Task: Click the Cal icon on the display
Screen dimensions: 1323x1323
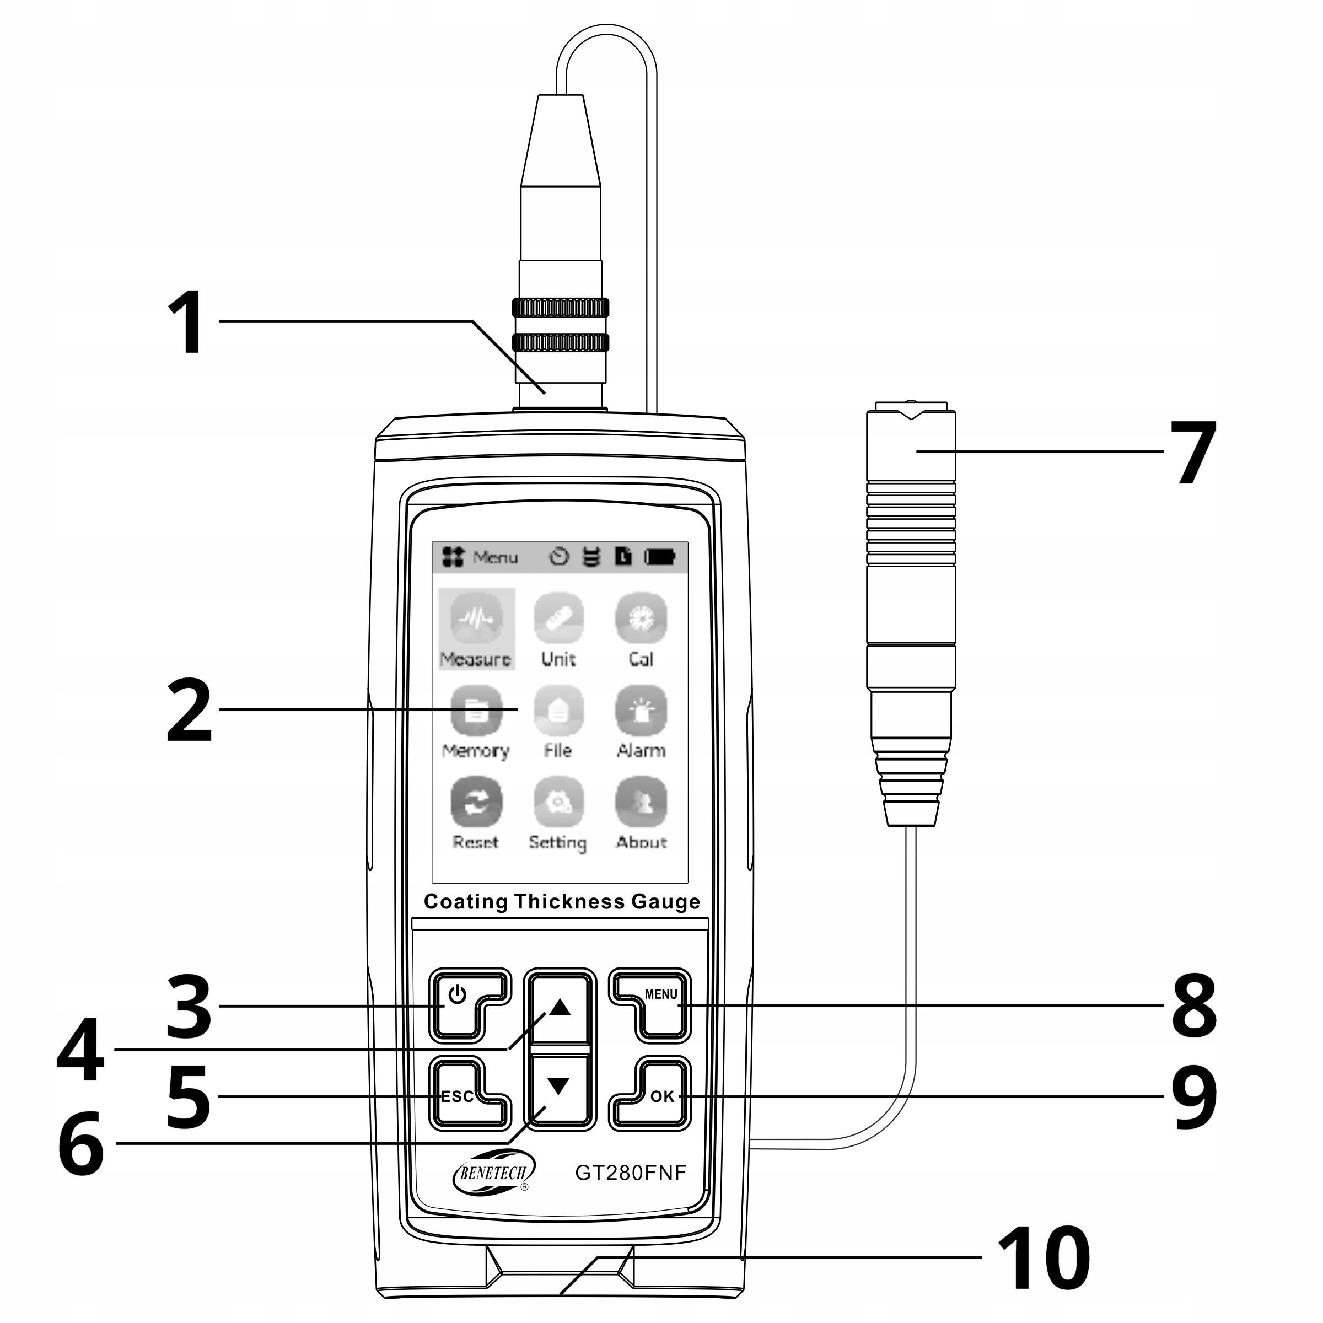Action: (x=641, y=619)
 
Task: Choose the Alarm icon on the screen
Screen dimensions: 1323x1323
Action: (x=641, y=711)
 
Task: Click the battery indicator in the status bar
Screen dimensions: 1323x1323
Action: (x=659, y=557)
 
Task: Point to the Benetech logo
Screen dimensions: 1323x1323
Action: (x=493, y=1173)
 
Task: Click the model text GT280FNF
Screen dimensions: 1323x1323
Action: (x=630, y=1173)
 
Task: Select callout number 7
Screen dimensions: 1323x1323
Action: (x=1193, y=452)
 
